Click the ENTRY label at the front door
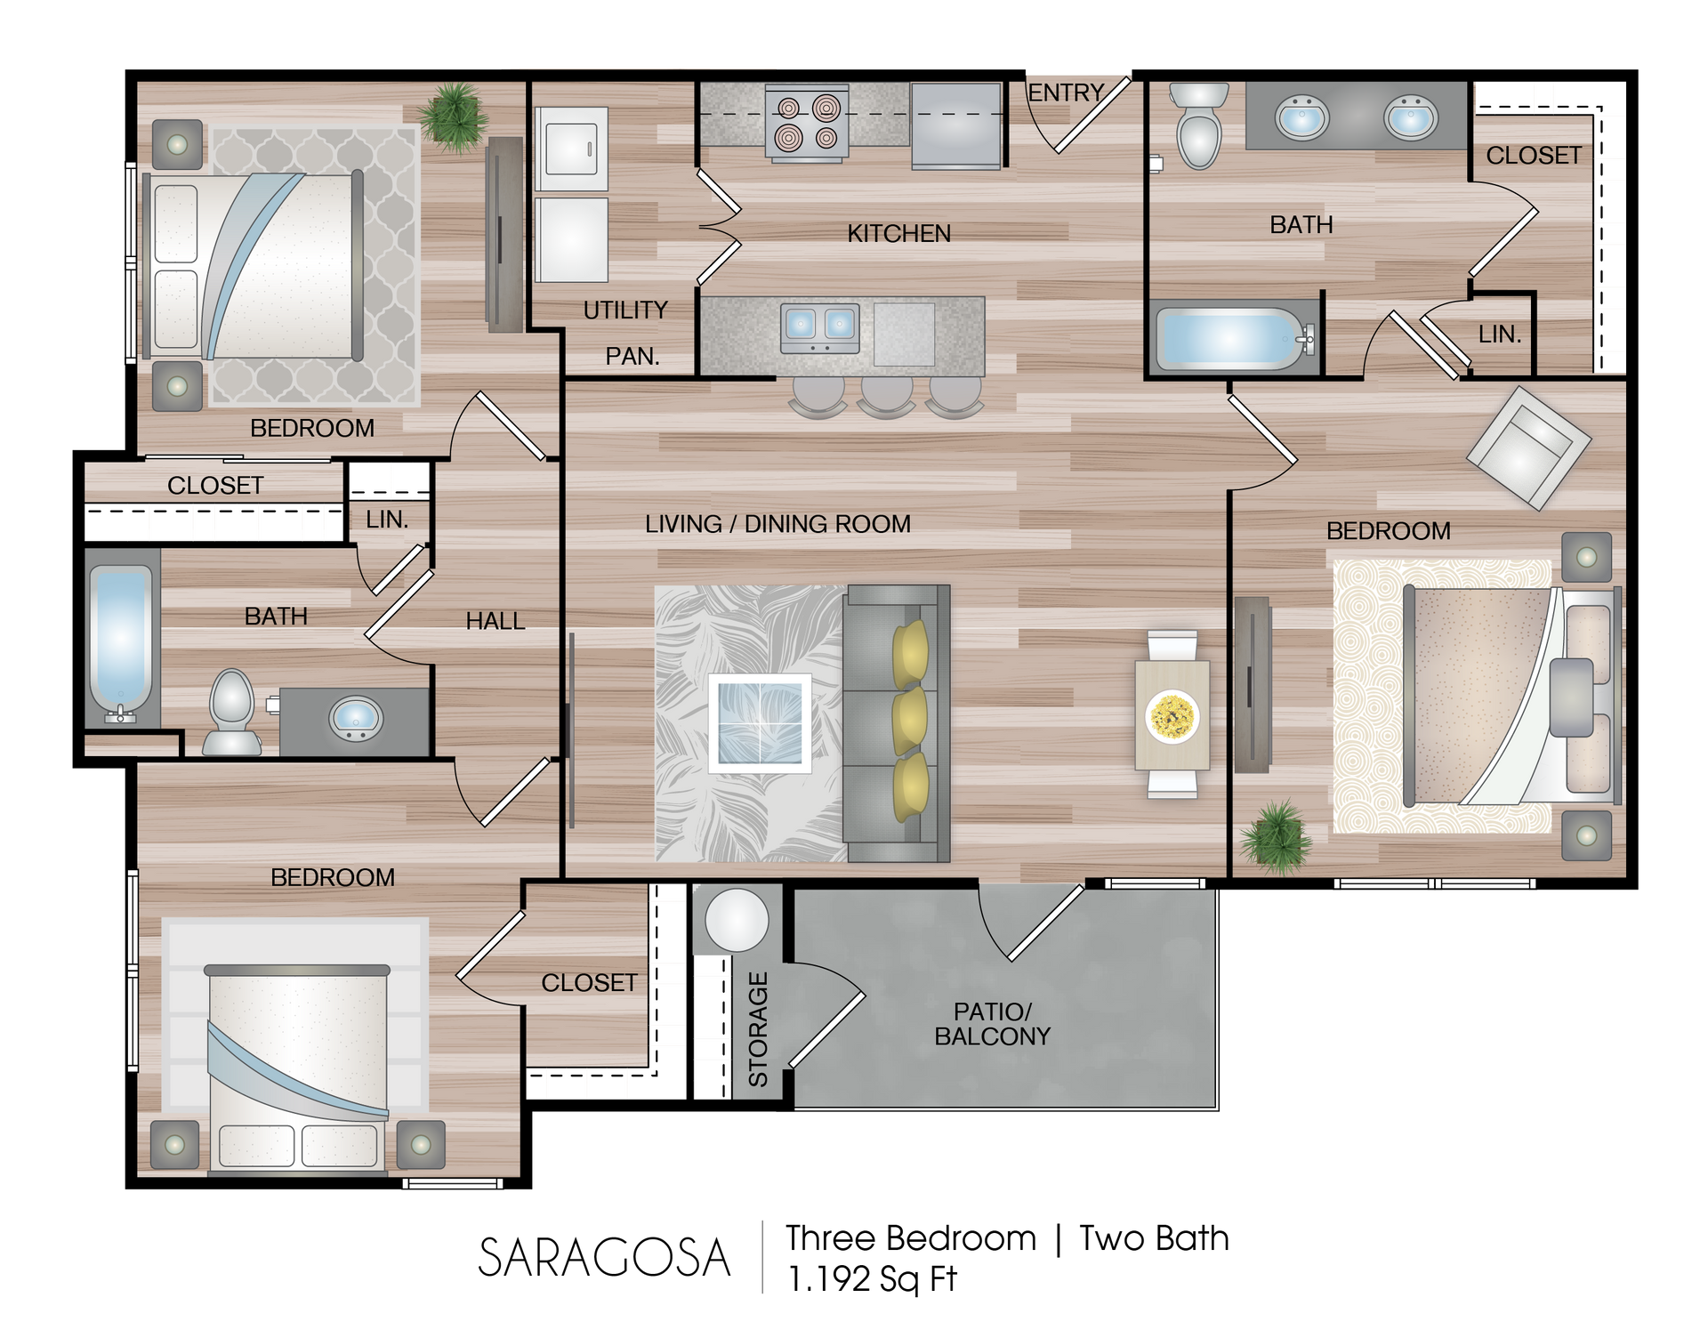tap(1065, 93)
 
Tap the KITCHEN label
tap(898, 233)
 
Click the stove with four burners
tap(807, 124)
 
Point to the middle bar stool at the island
tap(886, 396)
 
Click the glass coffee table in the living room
tap(760, 723)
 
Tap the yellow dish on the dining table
tap(1172, 716)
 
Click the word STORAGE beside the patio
tap(758, 1029)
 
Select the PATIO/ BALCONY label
tap(992, 1024)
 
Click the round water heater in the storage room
tap(737, 921)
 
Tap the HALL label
tap(495, 621)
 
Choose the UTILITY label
tap(625, 310)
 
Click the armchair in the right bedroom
tap(1528, 447)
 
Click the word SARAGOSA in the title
tap(604, 1258)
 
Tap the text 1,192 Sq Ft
tap(872, 1279)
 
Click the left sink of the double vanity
tap(1302, 118)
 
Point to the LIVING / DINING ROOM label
tap(777, 524)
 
